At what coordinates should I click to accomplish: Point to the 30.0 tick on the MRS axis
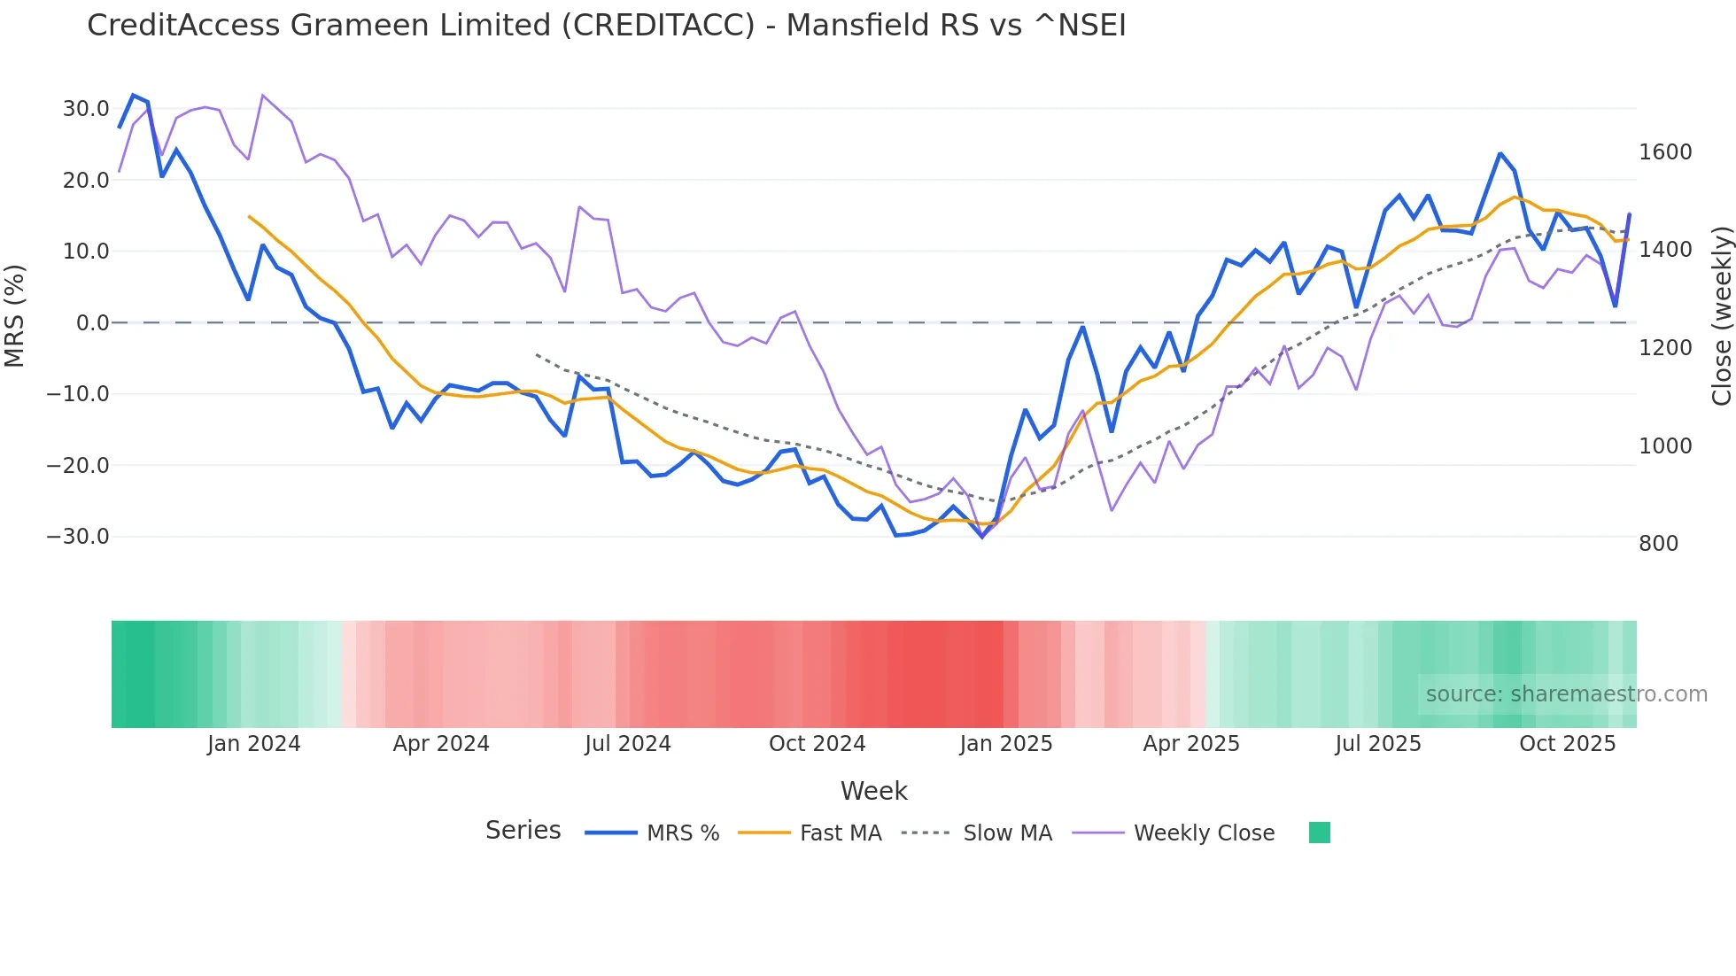86,109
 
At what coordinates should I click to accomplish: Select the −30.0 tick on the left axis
78,537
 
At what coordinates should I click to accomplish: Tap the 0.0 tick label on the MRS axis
92,323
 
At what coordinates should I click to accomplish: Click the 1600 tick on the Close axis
1665,152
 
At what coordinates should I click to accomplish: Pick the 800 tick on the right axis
1658,544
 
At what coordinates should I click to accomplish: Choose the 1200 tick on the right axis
1665,348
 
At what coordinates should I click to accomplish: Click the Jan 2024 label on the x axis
254,744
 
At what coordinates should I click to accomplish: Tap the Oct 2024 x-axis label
817,744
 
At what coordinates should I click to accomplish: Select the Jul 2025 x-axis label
1378,744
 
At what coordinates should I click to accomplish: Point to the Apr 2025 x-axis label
1191,744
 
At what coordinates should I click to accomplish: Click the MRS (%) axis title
15,315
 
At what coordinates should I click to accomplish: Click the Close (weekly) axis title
1721,316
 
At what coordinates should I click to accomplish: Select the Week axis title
873,791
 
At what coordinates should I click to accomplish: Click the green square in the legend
1320,833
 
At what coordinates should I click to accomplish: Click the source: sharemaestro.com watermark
1566,694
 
